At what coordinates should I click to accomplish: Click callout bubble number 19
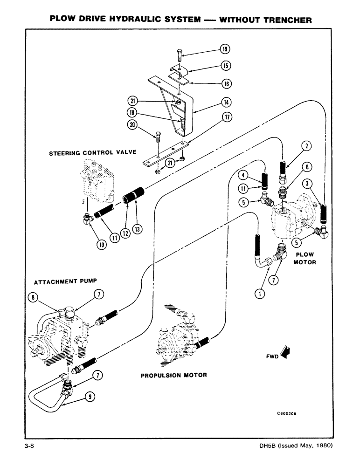tap(225, 49)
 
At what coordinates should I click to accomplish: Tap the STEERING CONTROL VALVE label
tap(85, 152)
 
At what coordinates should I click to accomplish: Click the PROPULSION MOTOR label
tap(173, 375)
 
